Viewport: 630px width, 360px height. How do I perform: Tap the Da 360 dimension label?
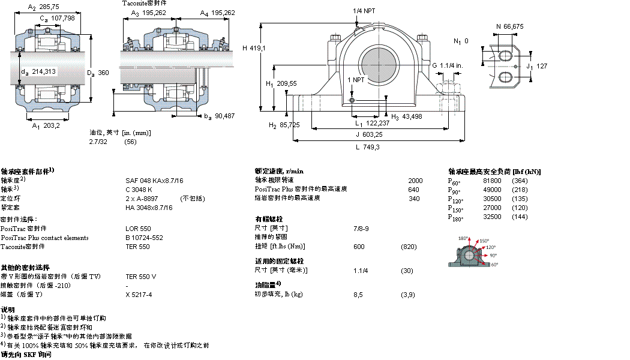pyautogui.click(x=98, y=73)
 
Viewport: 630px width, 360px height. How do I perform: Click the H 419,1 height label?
pyautogui.click(x=254, y=48)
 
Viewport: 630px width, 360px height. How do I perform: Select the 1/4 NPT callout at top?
pyautogui.click(x=365, y=11)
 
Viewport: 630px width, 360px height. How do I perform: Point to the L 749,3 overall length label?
pyautogui.click(x=367, y=147)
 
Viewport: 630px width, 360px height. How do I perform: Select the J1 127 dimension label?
pyautogui.click(x=536, y=67)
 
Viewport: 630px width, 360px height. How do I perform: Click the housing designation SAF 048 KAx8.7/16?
pyautogui.click(x=154, y=180)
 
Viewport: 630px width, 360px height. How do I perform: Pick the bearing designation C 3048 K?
pyautogui.click(x=139, y=190)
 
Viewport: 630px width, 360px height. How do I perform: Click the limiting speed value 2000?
pyautogui.click(x=415, y=180)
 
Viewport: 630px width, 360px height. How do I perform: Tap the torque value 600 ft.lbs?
pyautogui.click(x=359, y=246)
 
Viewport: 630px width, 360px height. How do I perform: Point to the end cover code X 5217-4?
pyautogui.click(x=139, y=295)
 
